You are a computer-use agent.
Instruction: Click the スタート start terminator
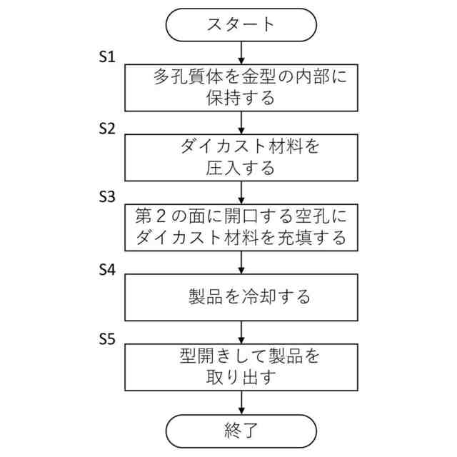(241, 25)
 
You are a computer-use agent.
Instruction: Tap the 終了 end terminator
(241, 431)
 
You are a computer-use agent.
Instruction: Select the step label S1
(106, 57)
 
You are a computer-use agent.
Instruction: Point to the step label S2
(106, 128)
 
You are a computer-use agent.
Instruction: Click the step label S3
(106, 197)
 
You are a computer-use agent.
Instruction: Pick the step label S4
(106, 269)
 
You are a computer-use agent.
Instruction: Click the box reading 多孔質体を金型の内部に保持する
(241, 87)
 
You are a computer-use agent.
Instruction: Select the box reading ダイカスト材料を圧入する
(241, 156)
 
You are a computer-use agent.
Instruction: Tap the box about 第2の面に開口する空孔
(241, 226)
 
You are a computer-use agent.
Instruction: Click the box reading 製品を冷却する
(241, 296)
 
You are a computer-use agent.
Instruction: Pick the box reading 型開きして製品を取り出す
(241, 366)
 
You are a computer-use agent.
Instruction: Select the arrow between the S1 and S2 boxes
(241, 121)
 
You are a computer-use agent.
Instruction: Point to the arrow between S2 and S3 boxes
(241, 191)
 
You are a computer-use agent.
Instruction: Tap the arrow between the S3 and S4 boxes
(241, 261)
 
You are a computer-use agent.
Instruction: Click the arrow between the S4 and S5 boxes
(241, 331)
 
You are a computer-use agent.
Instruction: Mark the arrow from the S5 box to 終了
(241, 401)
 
